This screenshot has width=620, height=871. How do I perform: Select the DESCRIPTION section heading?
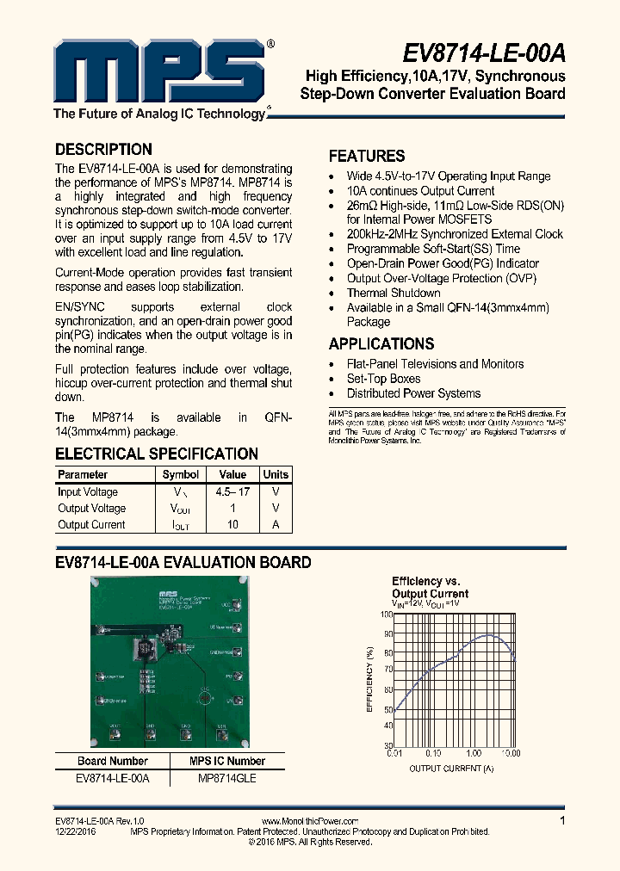pos(103,149)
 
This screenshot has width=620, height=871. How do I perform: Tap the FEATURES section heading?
pos(367,156)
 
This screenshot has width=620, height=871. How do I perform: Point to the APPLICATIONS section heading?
pos(381,343)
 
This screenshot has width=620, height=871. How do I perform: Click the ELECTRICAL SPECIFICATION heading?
pos(157,454)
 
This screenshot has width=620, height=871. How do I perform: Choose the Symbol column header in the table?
pos(181,474)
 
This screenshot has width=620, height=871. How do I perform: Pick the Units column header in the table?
pos(276,474)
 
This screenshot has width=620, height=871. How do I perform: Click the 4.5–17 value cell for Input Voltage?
pos(232,492)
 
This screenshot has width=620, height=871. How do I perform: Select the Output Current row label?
pos(91,525)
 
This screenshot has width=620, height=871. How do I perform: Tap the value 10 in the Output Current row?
pos(232,525)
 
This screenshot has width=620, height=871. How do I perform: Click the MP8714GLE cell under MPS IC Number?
pos(227,778)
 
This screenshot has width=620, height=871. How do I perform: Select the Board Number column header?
pos(112,761)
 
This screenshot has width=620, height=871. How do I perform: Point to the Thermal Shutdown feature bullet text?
pos(394,293)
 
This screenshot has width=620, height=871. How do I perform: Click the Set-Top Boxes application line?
pos(383,379)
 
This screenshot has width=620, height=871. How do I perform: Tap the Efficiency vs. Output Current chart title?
pos(430,587)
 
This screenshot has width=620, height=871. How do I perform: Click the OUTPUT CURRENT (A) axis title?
pos(451,768)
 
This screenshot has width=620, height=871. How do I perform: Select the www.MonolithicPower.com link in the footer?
pos(309,822)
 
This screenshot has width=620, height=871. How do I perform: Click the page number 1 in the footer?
pos(562,821)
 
